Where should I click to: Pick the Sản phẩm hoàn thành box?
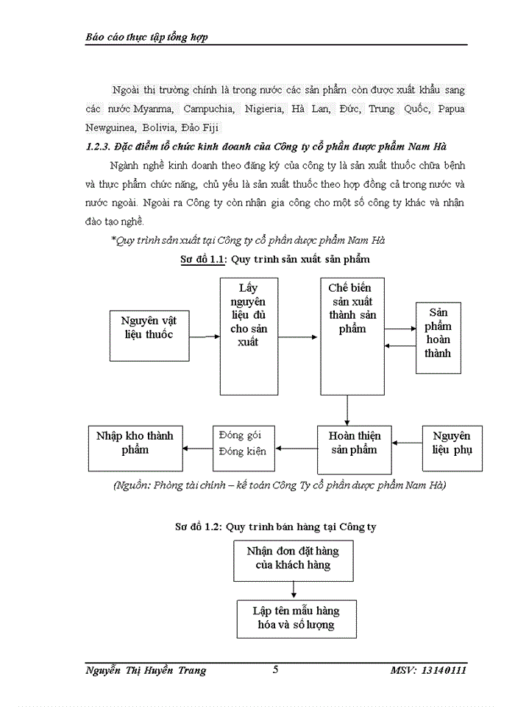pyautogui.click(x=438, y=333)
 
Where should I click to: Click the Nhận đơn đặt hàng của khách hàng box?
pyautogui.click(x=294, y=559)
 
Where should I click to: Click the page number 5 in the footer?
pyautogui.click(x=276, y=669)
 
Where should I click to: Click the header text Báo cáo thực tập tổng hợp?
pyautogui.click(x=147, y=36)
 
